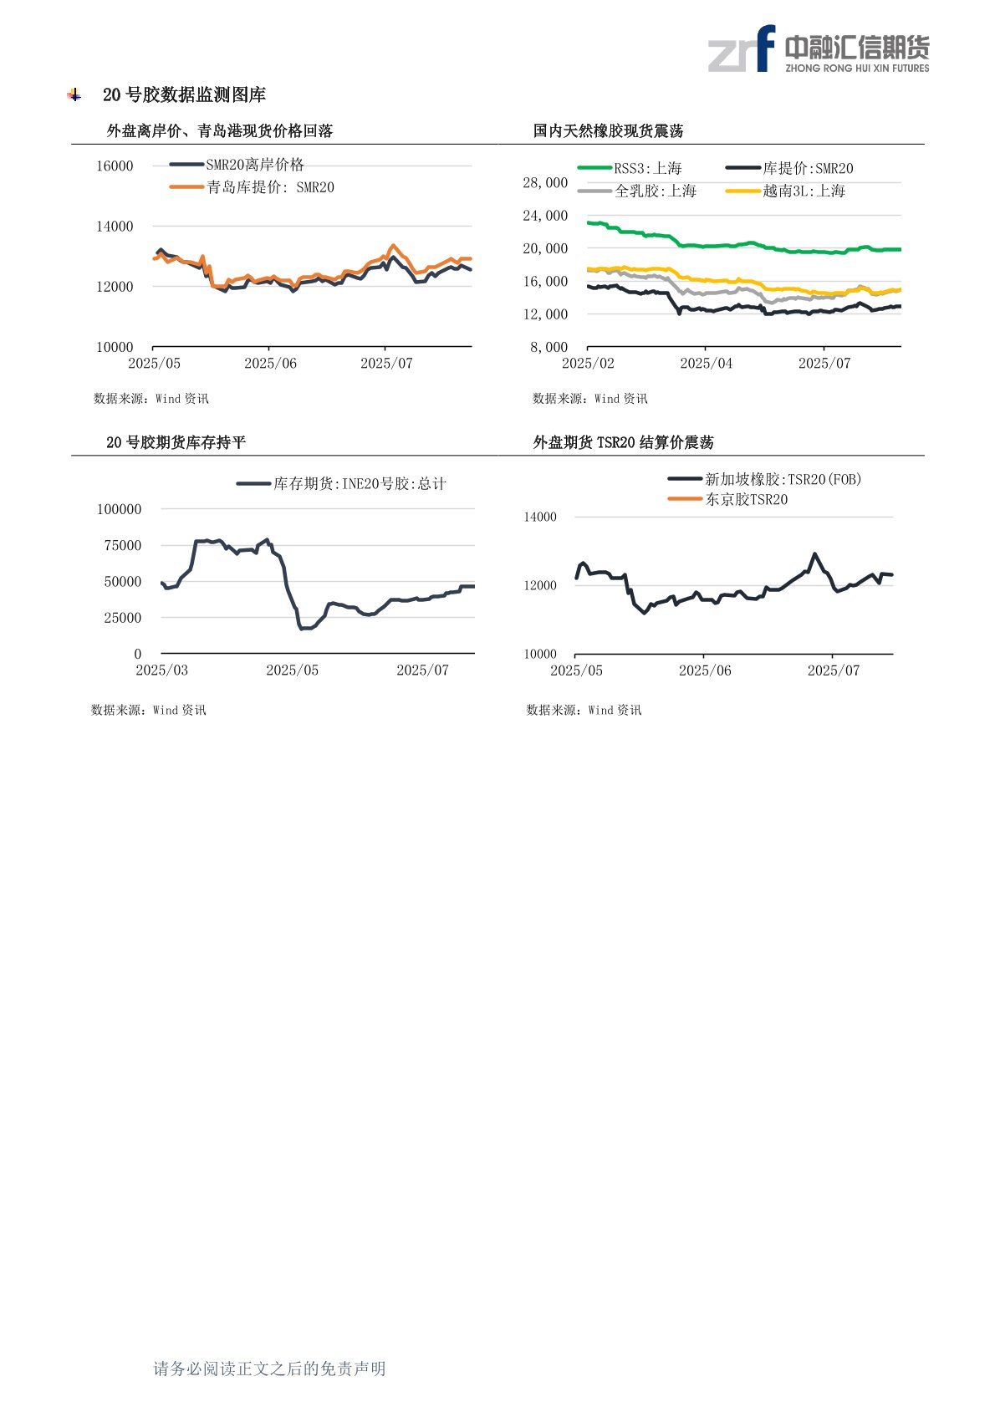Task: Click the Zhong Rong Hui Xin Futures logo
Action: (818, 49)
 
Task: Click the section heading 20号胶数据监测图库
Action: (184, 95)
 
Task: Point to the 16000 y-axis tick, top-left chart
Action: (115, 166)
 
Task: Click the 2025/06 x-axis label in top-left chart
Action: (270, 364)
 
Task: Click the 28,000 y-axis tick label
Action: (545, 183)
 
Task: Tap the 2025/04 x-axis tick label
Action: (706, 364)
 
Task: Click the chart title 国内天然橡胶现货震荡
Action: (608, 131)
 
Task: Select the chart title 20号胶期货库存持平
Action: (176, 442)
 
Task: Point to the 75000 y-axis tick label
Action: (123, 546)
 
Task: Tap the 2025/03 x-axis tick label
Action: (161, 670)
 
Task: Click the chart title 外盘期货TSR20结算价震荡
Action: (623, 442)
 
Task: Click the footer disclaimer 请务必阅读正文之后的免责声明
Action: (269, 1369)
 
